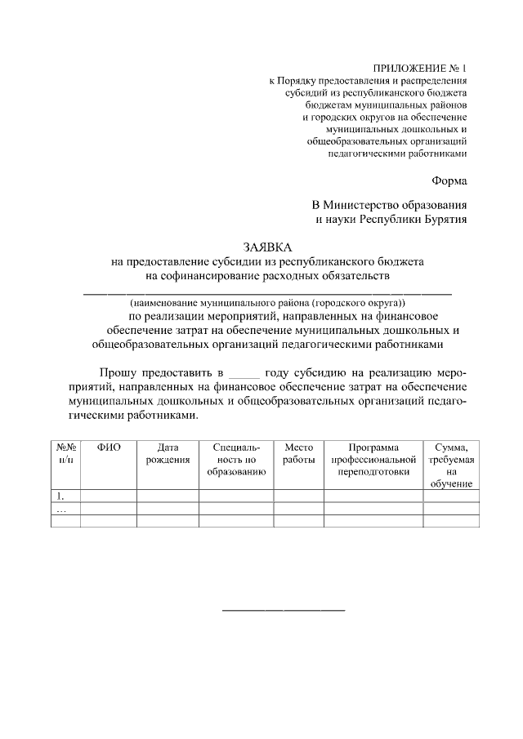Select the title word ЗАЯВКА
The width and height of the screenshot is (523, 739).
267,247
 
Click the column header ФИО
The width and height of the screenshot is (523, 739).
109,447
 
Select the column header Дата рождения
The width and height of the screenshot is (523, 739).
168,453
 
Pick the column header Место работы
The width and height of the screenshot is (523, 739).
298,453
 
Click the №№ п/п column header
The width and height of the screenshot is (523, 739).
65,453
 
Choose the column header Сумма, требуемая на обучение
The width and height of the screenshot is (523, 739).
451,465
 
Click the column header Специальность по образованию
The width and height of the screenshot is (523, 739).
236,459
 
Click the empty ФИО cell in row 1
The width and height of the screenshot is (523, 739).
109,496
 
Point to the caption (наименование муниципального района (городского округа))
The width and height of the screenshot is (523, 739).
267,302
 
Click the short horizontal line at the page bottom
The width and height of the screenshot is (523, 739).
284,610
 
